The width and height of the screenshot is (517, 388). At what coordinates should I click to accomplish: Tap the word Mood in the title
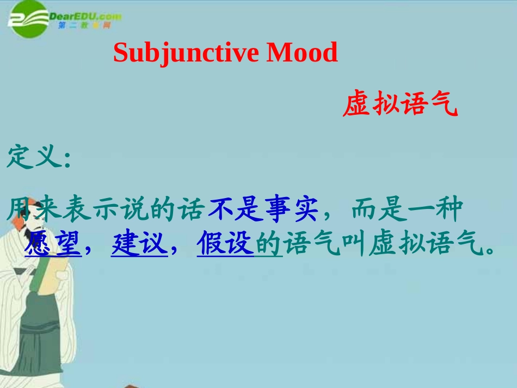click(302, 53)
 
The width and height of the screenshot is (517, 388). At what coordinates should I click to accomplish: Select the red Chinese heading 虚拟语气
click(400, 105)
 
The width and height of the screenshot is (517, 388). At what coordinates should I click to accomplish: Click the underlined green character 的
click(268, 245)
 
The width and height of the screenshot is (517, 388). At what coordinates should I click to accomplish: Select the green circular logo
click(27, 20)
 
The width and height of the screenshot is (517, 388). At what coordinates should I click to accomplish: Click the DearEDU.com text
click(84, 16)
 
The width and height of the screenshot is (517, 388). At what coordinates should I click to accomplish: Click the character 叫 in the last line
click(354, 245)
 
